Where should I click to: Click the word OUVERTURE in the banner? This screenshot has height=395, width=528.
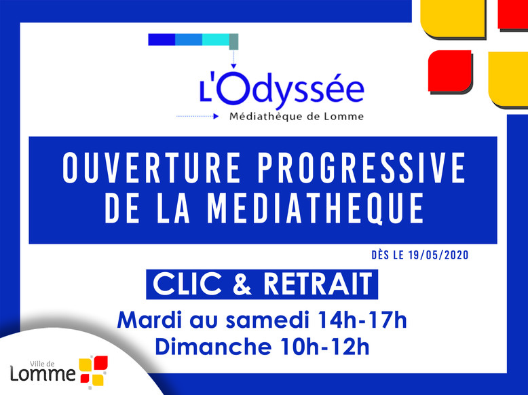[x=151, y=168]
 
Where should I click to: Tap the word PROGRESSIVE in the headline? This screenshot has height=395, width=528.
[x=362, y=168]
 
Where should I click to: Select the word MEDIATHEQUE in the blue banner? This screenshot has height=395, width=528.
[x=316, y=208]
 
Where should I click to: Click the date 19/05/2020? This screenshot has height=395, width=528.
[x=438, y=255]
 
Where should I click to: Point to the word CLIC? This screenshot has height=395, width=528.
[x=187, y=284]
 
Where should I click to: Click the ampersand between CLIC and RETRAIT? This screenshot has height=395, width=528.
[x=242, y=284]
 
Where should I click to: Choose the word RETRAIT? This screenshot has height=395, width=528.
[x=318, y=284]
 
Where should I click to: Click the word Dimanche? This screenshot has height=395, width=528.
[x=213, y=346]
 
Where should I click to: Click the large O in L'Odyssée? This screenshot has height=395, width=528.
[x=233, y=88]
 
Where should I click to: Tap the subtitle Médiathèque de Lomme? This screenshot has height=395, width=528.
[x=297, y=117]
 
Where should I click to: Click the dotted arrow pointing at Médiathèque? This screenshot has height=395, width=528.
[x=197, y=116]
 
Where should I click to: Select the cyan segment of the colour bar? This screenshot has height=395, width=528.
[x=216, y=39]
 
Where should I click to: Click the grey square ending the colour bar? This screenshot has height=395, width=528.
[x=233, y=41]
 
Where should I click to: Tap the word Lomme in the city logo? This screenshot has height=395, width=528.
[x=43, y=374]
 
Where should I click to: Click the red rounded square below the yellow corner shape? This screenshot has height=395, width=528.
[x=450, y=71]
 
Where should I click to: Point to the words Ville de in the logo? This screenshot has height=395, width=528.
[x=42, y=364]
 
